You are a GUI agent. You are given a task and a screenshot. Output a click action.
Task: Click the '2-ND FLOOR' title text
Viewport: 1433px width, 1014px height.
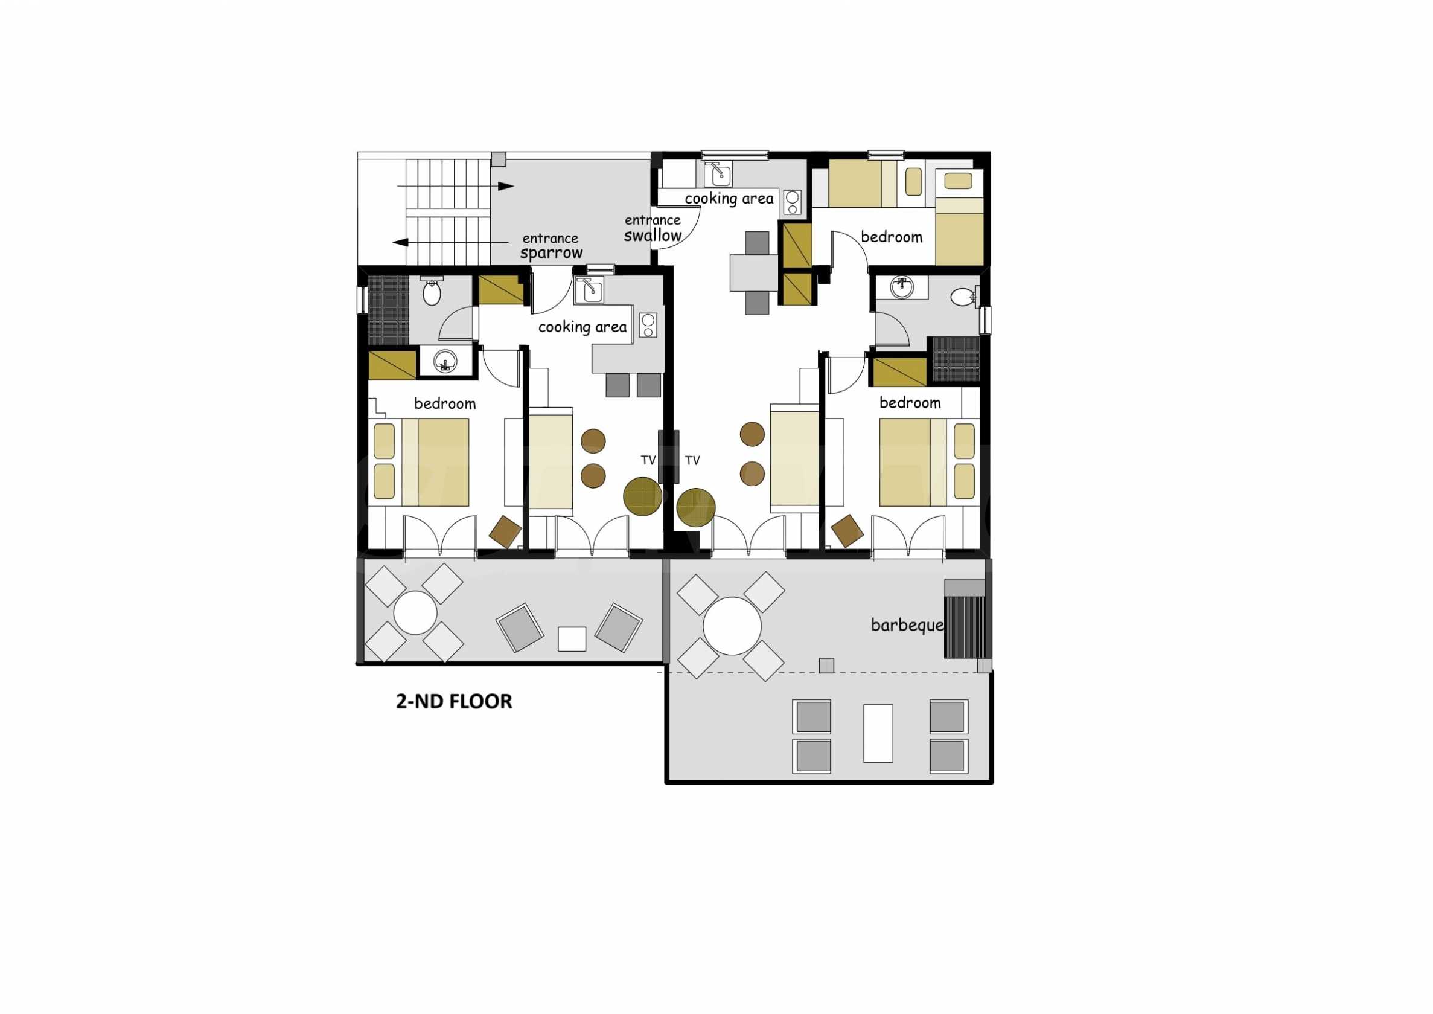(x=454, y=701)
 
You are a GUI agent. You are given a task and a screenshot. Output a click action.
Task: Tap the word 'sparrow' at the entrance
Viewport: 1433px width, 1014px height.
(x=551, y=253)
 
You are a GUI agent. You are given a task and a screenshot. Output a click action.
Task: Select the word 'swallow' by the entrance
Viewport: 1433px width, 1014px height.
(x=653, y=236)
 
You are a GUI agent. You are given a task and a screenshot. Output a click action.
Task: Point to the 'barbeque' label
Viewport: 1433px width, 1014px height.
(x=907, y=625)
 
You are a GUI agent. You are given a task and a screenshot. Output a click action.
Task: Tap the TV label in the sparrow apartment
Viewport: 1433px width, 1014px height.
(x=648, y=460)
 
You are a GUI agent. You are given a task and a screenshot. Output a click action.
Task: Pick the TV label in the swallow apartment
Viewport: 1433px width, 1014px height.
(x=692, y=461)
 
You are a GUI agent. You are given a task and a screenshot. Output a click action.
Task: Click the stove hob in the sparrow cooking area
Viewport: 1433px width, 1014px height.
(x=648, y=325)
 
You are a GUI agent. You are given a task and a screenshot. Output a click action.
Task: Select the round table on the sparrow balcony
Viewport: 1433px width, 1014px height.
(x=415, y=612)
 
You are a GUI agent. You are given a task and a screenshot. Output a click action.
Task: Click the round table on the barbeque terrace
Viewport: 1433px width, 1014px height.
(x=732, y=626)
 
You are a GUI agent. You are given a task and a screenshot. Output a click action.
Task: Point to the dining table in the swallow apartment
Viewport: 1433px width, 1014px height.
(x=753, y=273)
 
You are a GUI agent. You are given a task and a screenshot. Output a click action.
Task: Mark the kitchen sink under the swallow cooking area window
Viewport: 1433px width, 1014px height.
(x=718, y=174)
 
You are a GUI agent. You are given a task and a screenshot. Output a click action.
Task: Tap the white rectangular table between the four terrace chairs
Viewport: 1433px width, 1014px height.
(x=878, y=733)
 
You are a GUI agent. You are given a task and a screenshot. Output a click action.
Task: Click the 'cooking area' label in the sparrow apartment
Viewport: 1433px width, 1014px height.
(x=582, y=327)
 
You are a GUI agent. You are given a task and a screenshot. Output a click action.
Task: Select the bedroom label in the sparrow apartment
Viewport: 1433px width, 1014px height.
(x=445, y=404)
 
